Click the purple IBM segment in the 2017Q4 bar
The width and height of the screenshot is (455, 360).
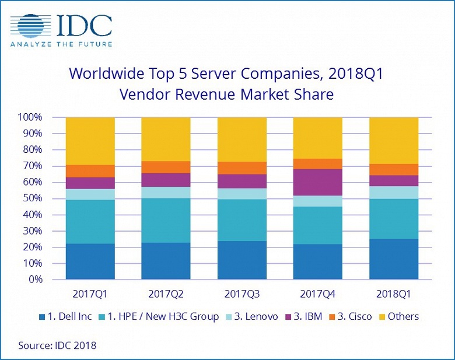pyautogui.click(x=317, y=182)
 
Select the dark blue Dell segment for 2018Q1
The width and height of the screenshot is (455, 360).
pyautogui.click(x=394, y=259)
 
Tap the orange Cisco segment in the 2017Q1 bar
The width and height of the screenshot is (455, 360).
pyautogui.click(x=90, y=171)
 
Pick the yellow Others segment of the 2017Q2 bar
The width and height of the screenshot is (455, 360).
pyautogui.click(x=166, y=139)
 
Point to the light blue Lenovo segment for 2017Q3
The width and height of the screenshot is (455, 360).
pyautogui.click(x=242, y=194)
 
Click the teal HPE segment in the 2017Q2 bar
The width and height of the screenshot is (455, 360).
pyautogui.click(x=166, y=221)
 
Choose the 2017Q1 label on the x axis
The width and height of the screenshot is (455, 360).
pyautogui.click(x=90, y=293)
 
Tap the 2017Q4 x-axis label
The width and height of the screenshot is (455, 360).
pyautogui.click(x=317, y=293)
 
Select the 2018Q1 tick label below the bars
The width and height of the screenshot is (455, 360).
pyautogui.click(x=394, y=293)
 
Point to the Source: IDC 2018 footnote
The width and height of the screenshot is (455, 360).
pyautogui.click(x=57, y=345)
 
